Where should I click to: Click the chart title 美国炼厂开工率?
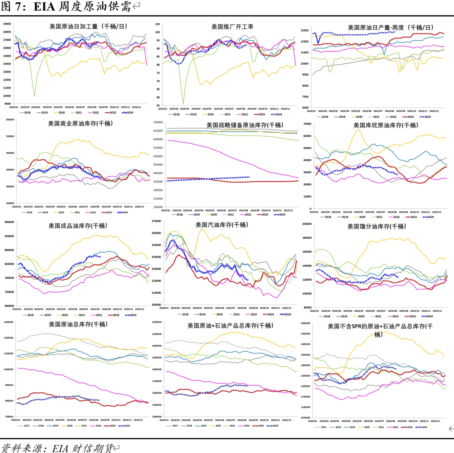click(x=232, y=27)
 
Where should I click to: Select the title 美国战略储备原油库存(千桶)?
click(x=245, y=125)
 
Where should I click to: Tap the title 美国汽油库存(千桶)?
click(x=222, y=225)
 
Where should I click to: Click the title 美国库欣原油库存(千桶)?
click(x=385, y=125)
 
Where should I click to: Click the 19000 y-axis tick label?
click(x=7, y=24)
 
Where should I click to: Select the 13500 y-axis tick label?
click(x=305, y=30)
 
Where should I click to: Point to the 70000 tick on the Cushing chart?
click(x=306, y=124)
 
